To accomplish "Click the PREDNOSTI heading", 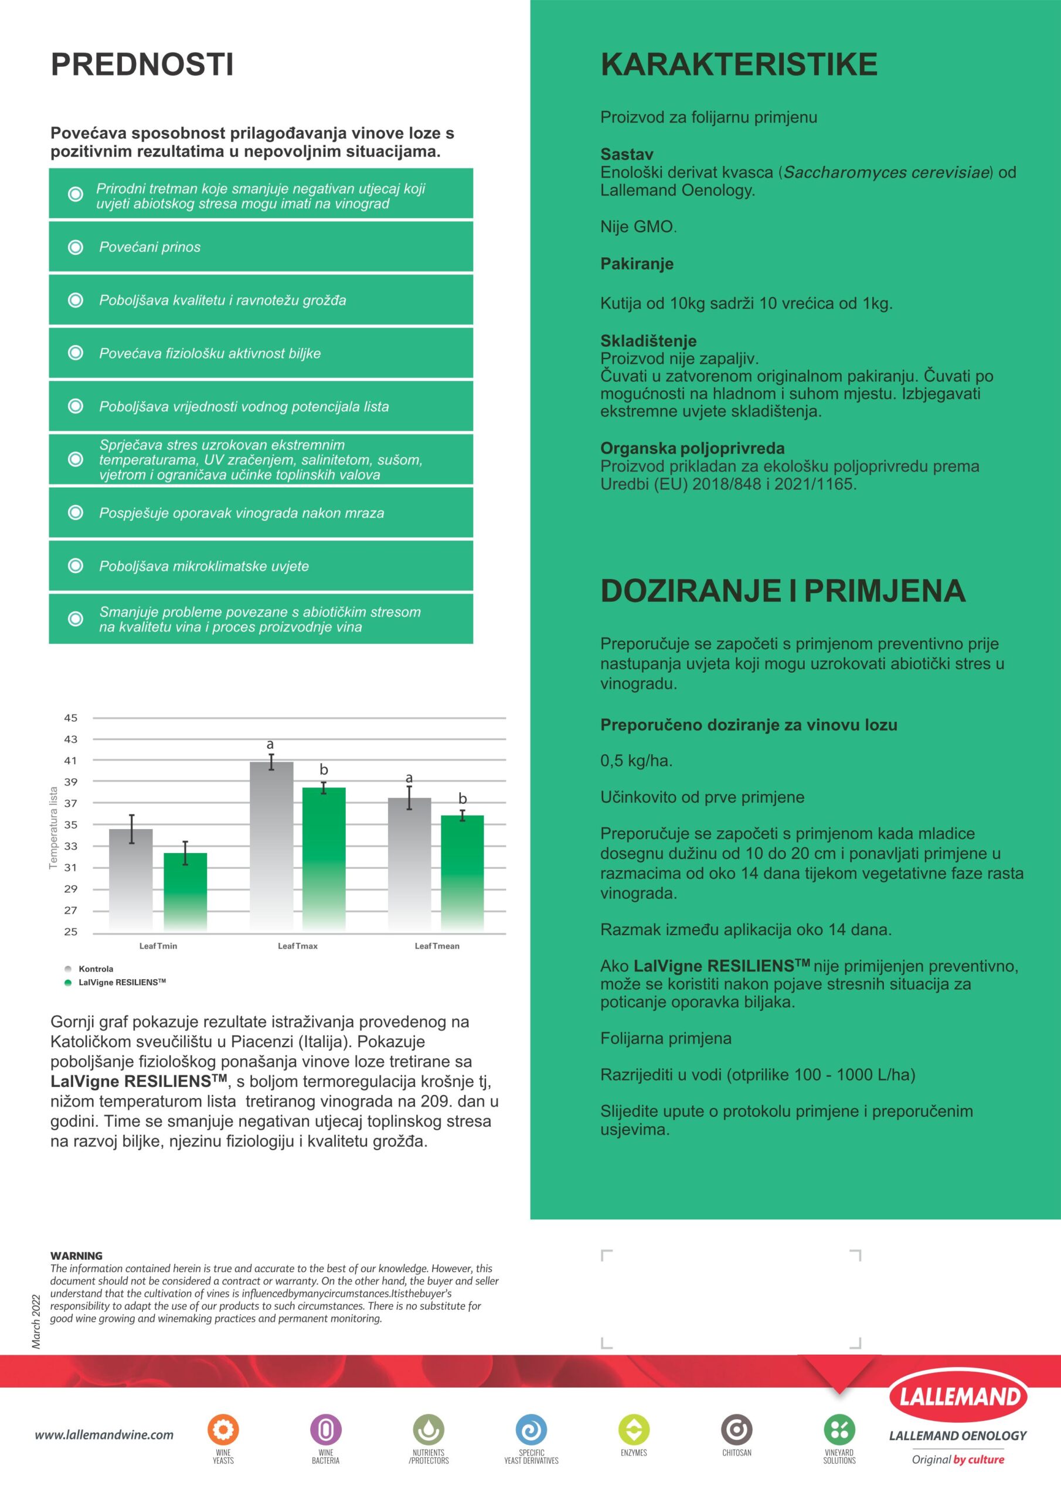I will coord(142,64).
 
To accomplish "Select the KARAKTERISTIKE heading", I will coord(739,64).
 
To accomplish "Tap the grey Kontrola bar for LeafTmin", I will coord(131,879).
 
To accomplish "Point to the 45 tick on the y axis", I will coord(70,717).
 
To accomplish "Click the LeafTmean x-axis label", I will coord(437,945).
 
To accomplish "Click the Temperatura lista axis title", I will coord(53,827).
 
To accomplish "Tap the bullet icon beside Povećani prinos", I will coord(76,247).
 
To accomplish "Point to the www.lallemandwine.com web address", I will coord(104,1435).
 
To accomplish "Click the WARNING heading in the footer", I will coord(76,1256).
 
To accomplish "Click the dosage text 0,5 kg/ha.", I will coord(635,761).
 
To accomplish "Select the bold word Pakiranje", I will coord(636,264).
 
